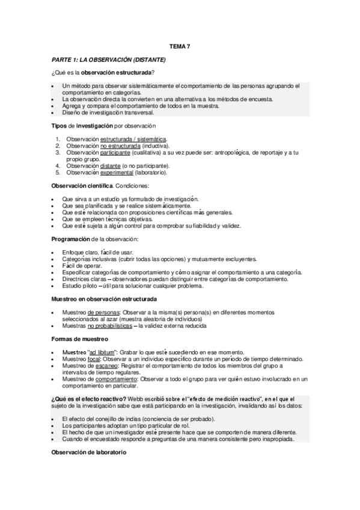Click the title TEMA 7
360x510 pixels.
(x=180, y=46)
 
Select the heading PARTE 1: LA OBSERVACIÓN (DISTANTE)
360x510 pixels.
(x=109, y=60)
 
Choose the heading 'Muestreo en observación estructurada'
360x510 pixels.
(x=104, y=299)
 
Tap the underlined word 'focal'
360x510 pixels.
(x=94, y=358)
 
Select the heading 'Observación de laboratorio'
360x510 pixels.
(x=89, y=452)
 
